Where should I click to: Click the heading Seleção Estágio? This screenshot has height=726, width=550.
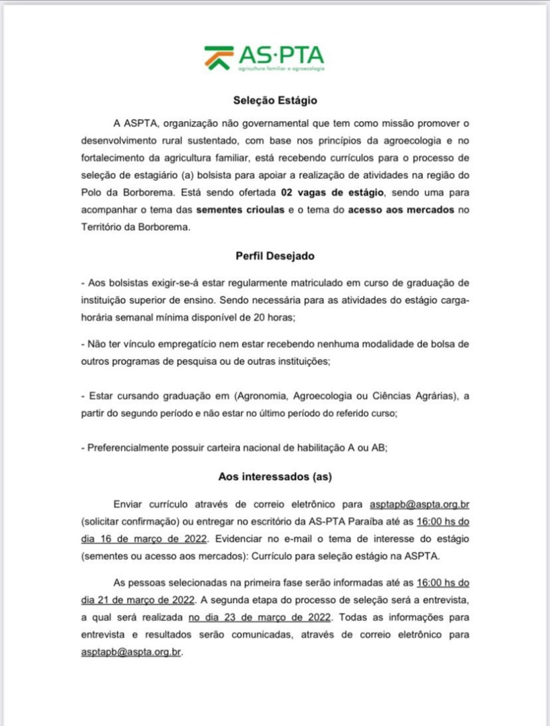[274, 101]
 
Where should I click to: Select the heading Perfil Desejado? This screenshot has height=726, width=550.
[274, 256]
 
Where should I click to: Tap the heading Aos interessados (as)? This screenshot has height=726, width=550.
[274, 477]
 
